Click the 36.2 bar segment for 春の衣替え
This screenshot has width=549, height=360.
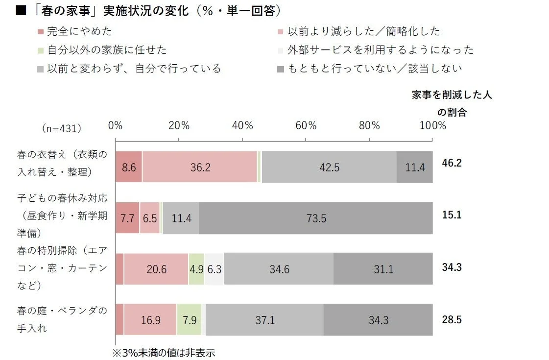(200, 167)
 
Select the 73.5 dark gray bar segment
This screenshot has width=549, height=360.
(316, 218)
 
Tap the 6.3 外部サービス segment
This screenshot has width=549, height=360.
(214, 269)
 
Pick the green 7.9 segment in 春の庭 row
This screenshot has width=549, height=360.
(189, 320)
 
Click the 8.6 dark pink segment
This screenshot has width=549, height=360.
(128, 167)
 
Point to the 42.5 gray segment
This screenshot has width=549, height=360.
(329, 167)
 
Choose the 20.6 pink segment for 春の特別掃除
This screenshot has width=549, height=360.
(156, 269)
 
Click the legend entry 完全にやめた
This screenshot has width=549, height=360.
(78, 31)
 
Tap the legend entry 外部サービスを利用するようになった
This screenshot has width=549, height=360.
(380, 50)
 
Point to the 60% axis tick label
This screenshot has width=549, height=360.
(306, 125)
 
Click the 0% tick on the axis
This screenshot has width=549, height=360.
(116, 125)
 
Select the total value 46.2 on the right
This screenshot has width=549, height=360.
(452, 163)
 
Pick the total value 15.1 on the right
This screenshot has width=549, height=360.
(452, 215)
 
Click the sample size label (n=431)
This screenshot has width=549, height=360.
(62, 128)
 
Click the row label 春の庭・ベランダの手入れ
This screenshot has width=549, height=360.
(61, 319)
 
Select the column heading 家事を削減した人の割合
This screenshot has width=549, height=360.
(452, 103)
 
